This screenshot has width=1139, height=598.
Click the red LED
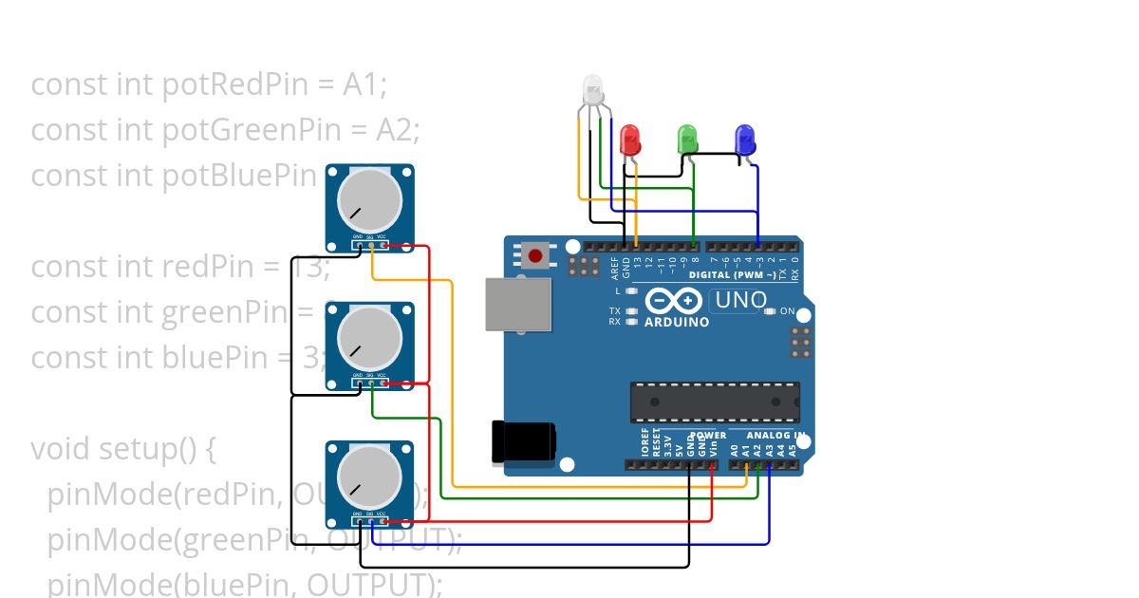(x=630, y=140)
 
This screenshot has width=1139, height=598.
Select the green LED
(x=688, y=140)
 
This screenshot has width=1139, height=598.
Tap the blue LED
(x=745, y=140)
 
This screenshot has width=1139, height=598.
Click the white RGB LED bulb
(x=592, y=89)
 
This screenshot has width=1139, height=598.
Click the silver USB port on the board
(x=517, y=304)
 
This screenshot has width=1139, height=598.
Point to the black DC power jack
(x=523, y=442)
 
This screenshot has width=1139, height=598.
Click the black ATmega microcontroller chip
(x=715, y=402)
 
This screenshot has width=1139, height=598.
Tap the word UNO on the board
(x=739, y=301)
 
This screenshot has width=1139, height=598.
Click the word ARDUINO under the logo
(x=677, y=323)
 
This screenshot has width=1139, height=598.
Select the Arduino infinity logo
(x=675, y=301)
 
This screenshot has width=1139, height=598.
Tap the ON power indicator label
(x=787, y=311)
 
